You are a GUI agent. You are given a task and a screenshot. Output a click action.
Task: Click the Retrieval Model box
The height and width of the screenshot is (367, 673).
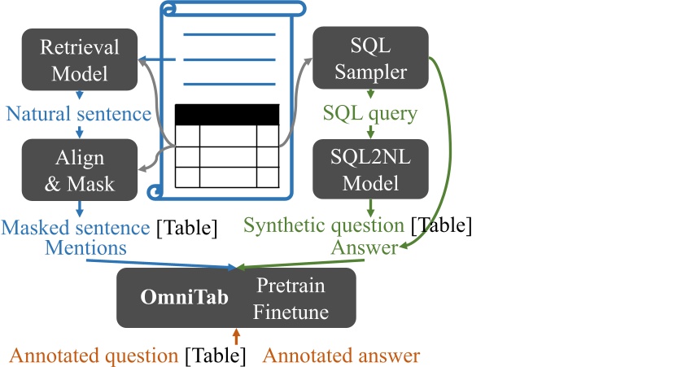80,59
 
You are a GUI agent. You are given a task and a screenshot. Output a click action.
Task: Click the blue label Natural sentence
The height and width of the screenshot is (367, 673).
78,113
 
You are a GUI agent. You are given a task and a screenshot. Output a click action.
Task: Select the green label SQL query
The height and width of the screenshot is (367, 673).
370,113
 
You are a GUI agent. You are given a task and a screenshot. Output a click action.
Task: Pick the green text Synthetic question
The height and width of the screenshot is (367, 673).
324,225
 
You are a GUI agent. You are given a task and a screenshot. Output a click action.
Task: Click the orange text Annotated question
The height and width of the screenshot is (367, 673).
94,356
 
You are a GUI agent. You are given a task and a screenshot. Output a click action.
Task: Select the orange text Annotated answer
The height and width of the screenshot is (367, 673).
342,356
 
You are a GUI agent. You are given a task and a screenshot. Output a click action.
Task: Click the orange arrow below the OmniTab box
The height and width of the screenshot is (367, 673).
237,335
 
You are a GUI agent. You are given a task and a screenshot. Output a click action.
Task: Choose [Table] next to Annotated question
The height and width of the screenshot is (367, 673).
214,356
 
